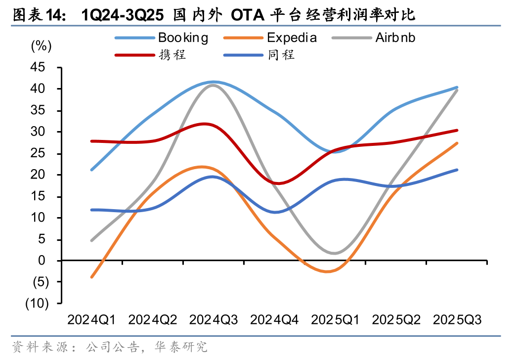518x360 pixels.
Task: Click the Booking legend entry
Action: click(x=183, y=37)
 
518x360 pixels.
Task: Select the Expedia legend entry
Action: click(x=292, y=37)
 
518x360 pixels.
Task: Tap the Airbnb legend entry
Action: click(x=395, y=37)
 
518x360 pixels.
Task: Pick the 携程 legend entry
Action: click(x=172, y=54)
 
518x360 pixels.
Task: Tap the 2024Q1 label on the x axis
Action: click(x=91, y=320)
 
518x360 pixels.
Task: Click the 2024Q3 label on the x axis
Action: click(x=214, y=320)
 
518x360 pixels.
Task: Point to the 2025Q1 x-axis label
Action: click(x=335, y=320)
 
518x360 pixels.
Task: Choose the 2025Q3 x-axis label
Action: click(x=457, y=320)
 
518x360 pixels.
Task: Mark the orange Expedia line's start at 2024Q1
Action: click(x=91, y=277)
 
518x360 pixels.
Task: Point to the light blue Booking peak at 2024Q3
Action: click(x=214, y=82)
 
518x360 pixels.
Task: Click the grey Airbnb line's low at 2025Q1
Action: click(x=335, y=253)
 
